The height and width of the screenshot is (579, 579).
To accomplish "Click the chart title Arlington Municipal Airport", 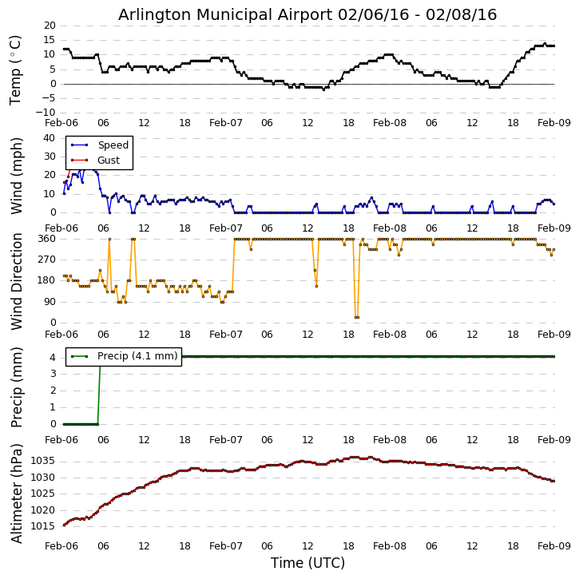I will coord(307,15).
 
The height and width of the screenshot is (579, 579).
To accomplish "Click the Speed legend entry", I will coord(113,145).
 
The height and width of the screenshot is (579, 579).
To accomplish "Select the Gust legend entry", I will coord(109,161).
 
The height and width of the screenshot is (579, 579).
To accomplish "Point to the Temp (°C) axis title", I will coord(16,69).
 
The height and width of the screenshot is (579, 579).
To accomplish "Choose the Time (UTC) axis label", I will coord(307,563).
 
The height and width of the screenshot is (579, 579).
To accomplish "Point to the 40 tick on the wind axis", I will coord(49,137).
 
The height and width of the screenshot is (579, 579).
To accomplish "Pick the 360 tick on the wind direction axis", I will coord(46,239).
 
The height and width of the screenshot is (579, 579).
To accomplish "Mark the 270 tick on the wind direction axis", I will coord(46,260).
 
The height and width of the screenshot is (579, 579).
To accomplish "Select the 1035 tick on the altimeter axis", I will coord(43,461).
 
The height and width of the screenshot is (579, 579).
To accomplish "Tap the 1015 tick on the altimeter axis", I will coord(43,526).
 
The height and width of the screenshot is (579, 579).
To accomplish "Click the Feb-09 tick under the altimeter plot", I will coord(553,546).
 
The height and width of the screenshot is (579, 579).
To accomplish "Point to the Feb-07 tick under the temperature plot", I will coord(226,124).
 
